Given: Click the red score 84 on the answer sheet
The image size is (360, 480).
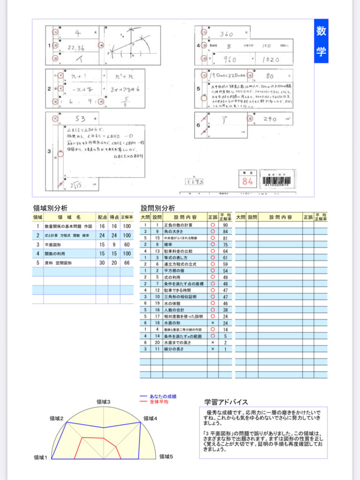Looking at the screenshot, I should [x=247, y=180].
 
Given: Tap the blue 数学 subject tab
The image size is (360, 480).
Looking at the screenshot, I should [x=321, y=41].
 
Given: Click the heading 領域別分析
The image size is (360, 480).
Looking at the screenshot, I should [x=50, y=208].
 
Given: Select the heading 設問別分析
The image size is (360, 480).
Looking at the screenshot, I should [x=158, y=208].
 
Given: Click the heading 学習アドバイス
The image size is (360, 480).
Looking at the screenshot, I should [x=226, y=402].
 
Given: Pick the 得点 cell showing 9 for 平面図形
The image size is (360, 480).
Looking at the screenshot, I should [x=114, y=244].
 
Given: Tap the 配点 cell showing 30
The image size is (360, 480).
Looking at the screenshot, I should [x=102, y=262].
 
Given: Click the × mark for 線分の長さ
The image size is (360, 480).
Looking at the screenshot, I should [x=213, y=349].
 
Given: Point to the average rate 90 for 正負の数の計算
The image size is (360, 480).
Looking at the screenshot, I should [x=225, y=225].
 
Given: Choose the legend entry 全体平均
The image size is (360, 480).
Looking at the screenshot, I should [x=159, y=402].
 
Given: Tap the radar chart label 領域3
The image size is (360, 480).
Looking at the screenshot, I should [x=103, y=402].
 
